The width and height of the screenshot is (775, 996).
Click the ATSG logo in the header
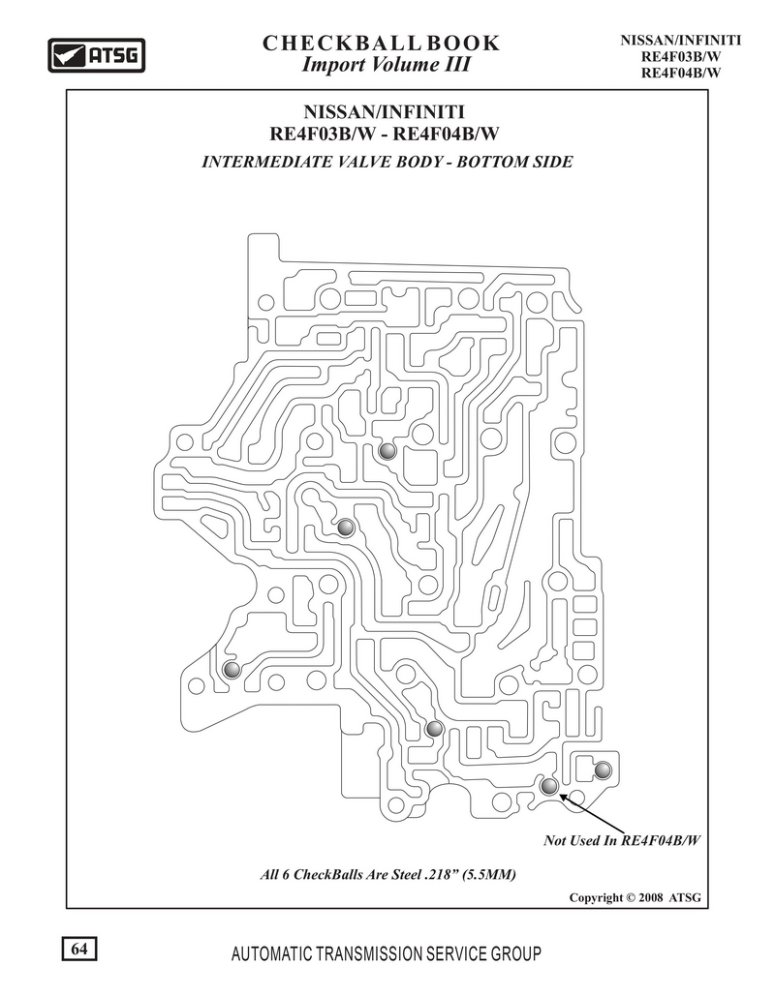97,55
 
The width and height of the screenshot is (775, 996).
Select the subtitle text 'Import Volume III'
386,65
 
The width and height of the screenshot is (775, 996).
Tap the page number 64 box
79,949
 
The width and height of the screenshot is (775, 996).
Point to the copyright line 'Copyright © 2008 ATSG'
635,897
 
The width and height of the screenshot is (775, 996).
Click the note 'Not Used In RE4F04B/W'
621,840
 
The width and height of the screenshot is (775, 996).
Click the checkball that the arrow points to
548,786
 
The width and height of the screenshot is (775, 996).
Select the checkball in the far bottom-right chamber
602,770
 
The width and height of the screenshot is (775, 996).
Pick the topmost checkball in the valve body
387,451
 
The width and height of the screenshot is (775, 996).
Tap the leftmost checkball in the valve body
232,670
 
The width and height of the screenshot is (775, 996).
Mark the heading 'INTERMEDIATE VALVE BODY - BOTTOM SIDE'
387,162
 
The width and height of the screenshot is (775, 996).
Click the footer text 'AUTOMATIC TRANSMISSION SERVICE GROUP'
387,953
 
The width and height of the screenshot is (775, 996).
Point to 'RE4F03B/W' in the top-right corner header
681,56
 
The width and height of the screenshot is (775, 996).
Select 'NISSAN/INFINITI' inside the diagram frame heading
384,112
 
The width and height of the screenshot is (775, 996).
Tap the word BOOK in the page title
463,44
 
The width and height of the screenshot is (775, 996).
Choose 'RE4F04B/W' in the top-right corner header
681,73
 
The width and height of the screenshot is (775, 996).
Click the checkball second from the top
345,528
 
